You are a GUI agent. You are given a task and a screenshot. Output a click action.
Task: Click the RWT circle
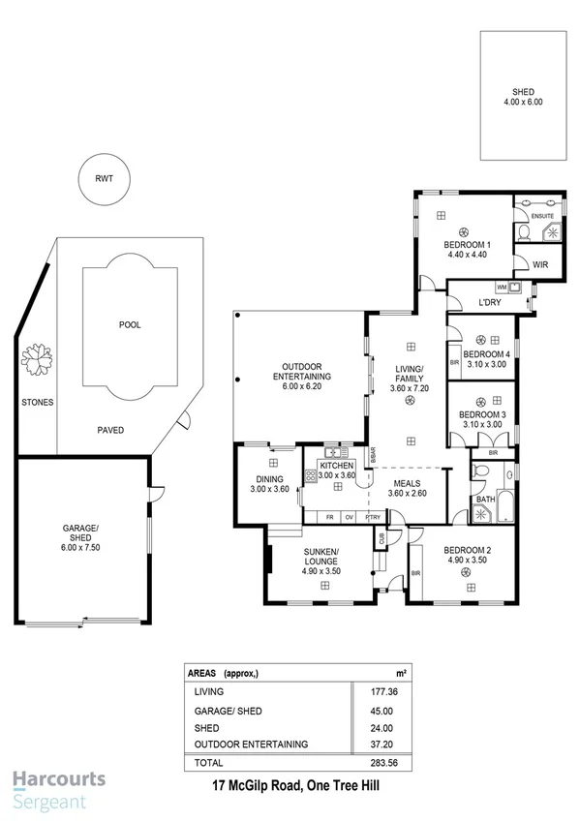pos(104,179)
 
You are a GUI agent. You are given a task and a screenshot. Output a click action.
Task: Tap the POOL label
pos(129,325)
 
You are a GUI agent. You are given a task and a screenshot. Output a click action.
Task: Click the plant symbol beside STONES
pos(39,360)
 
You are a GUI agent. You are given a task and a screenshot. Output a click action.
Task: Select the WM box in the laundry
pos(502,288)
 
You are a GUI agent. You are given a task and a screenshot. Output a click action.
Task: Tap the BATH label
pos(484,500)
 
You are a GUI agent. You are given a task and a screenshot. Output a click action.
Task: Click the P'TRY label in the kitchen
pos(373,518)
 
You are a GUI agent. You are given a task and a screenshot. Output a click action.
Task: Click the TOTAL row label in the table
pos(209,762)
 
